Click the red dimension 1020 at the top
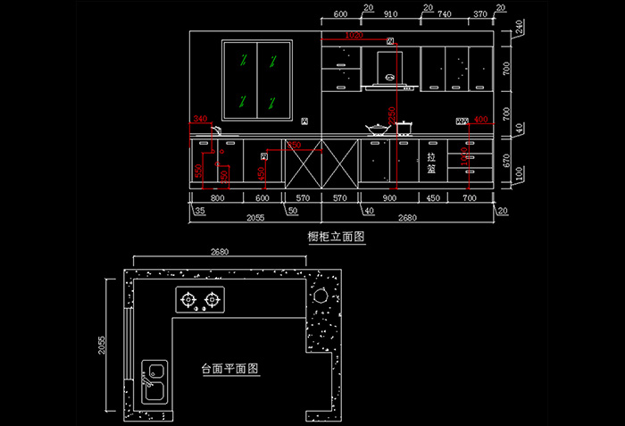pos(353,35)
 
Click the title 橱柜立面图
pos(337,237)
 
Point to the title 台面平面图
pos(229,368)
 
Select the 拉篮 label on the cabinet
pos(431,162)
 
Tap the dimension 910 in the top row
pos(390,14)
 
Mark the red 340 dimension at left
pos(199,118)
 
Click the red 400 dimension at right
pos(479,118)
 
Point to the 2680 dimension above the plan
pos(218,253)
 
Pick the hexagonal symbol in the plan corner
pos(319,296)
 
